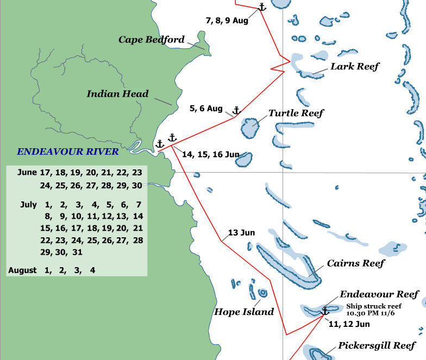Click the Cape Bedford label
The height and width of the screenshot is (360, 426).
[152, 40]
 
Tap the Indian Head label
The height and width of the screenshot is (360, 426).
[117, 94]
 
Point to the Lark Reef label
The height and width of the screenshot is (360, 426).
[355, 66]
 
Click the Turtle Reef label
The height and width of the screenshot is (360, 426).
[296, 113]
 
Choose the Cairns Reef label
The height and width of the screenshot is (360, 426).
[355, 263]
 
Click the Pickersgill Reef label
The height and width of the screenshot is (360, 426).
[377, 345]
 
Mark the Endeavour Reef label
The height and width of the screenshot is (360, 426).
[379, 294]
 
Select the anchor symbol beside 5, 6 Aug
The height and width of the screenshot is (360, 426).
[236, 111]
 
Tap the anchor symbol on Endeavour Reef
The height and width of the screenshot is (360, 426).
[325, 311]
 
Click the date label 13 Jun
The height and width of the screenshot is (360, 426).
[241, 232]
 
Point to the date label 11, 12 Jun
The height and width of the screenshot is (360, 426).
[349, 324]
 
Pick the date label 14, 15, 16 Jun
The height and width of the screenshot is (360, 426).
[210, 155]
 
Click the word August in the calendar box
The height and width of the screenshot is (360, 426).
[23, 270]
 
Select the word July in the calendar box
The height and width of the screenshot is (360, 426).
[28, 205]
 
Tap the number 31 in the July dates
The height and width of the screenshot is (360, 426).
[76, 252]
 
